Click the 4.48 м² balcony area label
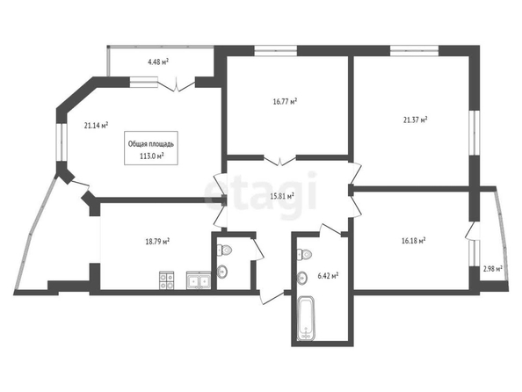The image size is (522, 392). pos(158,62)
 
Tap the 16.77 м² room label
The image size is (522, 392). pos(285,101)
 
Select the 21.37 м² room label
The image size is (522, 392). pos(416,120)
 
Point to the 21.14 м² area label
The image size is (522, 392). pos(96,126)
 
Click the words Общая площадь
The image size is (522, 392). pos(151,144)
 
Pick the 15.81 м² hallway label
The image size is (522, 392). pos(282,196)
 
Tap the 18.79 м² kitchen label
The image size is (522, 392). pos(158,242)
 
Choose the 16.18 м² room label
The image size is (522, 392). pos(414,241)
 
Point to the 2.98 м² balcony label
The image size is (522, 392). pos(493,268)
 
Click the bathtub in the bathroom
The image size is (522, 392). pos(306,318)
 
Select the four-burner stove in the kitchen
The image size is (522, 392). pos(166,280)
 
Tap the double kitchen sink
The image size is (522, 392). pos(199,280)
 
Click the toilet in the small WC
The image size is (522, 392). pos(224,250)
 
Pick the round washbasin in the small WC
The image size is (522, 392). pos(222,272)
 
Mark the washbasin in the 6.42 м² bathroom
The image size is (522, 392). pos(302,278)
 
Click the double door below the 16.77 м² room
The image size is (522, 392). pos(280,160)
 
